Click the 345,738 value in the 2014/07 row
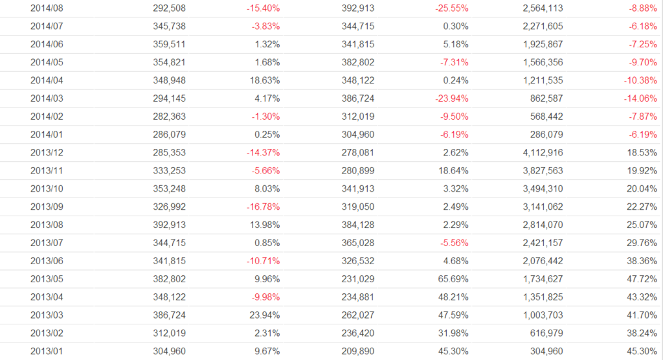tap(172, 27)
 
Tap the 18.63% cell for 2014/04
tap(265, 80)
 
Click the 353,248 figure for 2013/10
tap(172, 189)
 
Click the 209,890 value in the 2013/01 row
tap(357, 351)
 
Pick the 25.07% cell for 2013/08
tap(641, 225)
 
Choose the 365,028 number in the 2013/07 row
tap(357, 243)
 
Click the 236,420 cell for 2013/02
tap(357, 333)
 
